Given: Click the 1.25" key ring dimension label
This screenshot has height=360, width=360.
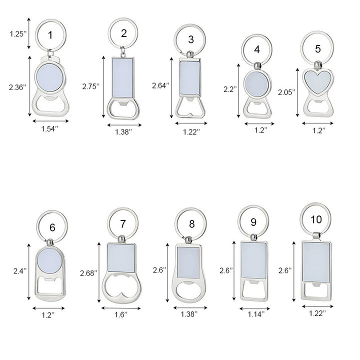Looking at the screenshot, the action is click(18, 34).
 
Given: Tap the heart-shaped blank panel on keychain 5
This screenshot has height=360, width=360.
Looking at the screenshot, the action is click(318, 81).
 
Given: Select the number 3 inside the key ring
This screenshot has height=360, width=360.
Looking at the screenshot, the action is click(191, 39).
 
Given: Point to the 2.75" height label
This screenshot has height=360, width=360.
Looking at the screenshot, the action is click(91, 86).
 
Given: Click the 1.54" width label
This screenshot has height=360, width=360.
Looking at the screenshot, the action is click(49, 129).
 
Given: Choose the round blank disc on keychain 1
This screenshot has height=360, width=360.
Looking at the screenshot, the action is click(50, 78).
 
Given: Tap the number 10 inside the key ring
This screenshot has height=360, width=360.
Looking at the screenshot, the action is click(316, 219).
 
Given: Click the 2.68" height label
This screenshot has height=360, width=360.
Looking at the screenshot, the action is click(88, 273).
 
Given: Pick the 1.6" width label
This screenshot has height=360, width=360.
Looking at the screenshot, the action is click(121, 314).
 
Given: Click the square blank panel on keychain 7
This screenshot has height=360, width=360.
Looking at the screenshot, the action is click(121, 258).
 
